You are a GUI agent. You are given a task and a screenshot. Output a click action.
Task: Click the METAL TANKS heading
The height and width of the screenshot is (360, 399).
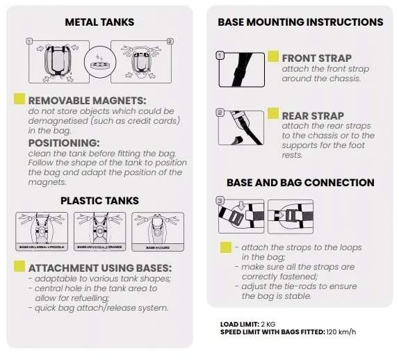(x=99, y=22)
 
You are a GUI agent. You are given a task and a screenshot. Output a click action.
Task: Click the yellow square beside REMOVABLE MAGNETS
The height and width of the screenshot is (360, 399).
(x=19, y=100)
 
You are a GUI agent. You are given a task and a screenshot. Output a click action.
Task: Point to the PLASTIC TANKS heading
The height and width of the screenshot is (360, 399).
(x=99, y=201)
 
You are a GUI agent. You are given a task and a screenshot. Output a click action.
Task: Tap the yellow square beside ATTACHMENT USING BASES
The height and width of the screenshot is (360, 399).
(x=19, y=268)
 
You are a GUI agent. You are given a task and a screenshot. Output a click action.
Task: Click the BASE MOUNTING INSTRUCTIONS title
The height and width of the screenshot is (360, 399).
(x=300, y=22)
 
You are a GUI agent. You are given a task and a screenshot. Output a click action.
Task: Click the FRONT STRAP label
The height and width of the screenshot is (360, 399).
(x=316, y=58)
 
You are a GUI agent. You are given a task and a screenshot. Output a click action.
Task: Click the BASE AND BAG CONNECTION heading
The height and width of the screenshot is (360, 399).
(x=300, y=183)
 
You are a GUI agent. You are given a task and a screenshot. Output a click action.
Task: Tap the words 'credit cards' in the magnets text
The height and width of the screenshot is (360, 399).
(x=152, y=121)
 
